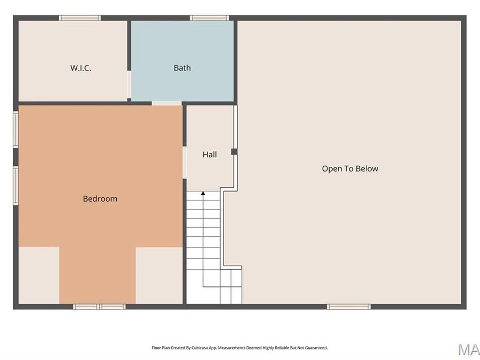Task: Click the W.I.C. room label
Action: coord(81,68)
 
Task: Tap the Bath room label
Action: coord(182,68)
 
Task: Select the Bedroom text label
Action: coord(100,199)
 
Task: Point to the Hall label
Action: coord(210,155)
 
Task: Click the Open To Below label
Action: coord(350,169)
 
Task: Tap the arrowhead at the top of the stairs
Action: coord(203,193)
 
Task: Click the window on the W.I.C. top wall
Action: coord(79,18)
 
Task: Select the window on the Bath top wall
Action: coord(210,18)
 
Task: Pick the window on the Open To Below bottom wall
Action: coord(349,307)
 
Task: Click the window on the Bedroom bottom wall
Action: coord(99,307)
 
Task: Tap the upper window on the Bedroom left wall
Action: coord(16,129)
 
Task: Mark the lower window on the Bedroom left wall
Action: coord(16,185)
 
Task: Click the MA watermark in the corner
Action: coord(469,349)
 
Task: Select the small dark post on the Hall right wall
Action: coord(234,152)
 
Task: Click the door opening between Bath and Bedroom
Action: coord(166,103)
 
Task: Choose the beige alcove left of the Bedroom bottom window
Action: coord(39,275)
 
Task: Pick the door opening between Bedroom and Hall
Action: coord(184,162)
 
